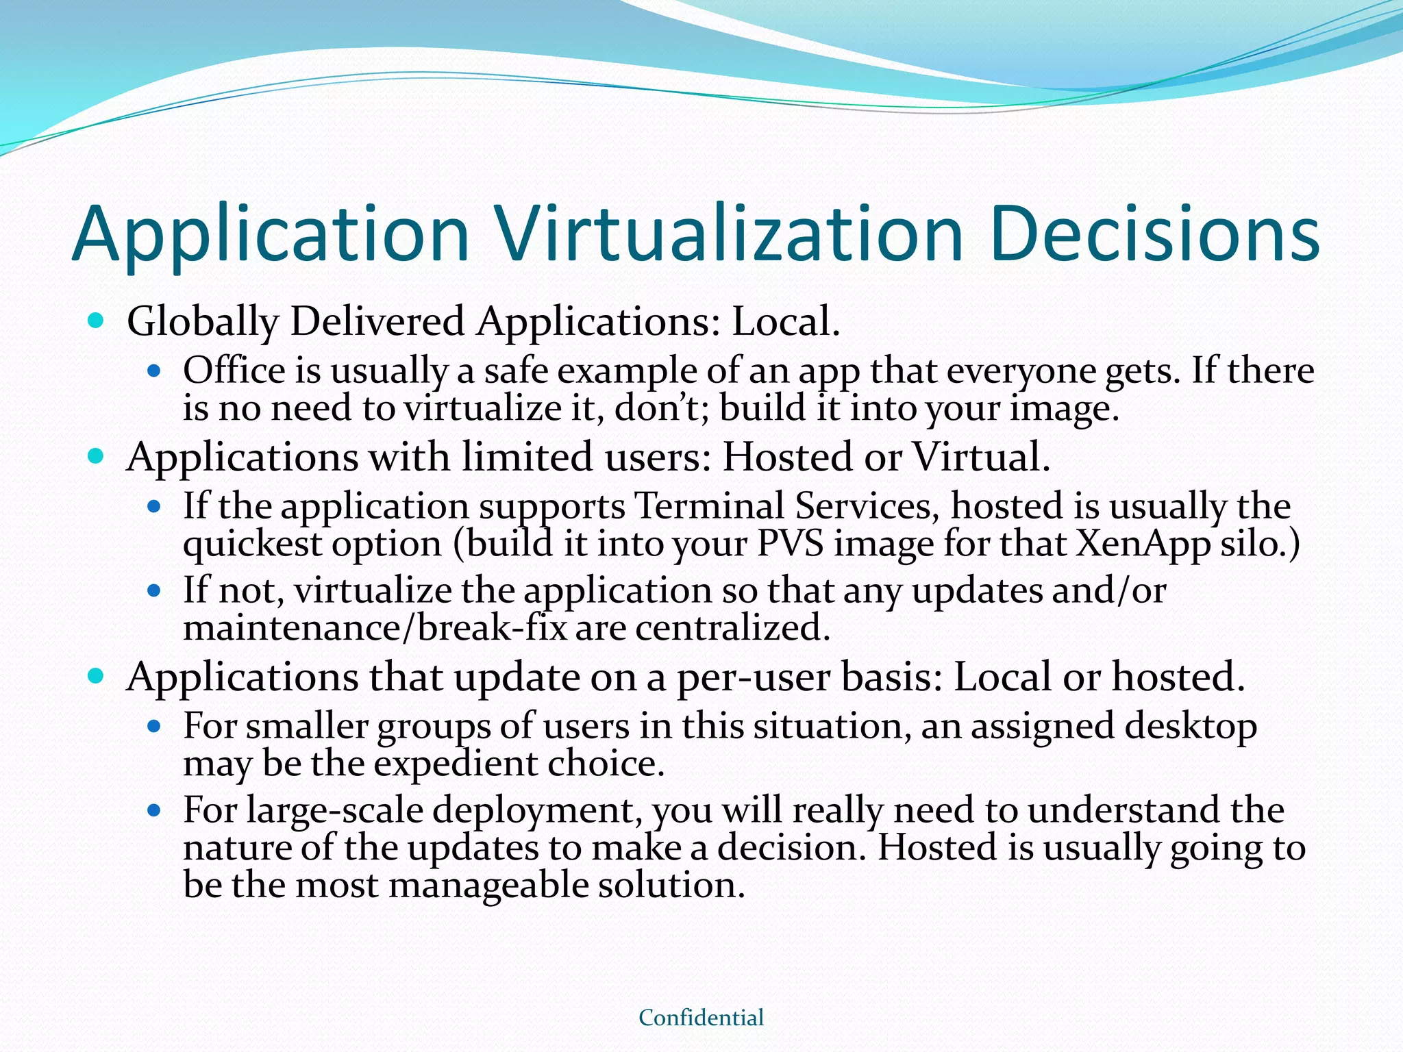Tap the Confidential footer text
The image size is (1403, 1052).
coord(701,1018)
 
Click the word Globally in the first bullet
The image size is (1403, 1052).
coord(203,322)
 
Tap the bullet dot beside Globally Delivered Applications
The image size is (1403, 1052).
coord(96,319)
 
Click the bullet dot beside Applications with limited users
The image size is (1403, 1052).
coord(96,455)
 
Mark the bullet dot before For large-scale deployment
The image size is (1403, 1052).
coord(154,810)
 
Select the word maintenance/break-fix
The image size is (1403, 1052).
coord(375,627)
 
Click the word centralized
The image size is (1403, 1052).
coord(732,627)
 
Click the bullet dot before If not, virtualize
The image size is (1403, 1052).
coord(154,590)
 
